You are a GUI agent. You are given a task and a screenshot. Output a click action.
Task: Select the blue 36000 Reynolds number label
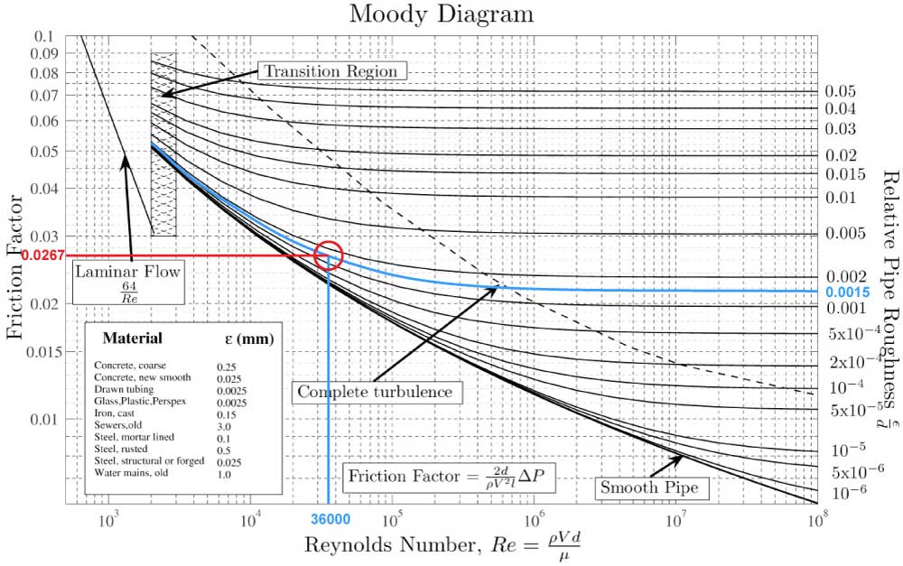(330, 520)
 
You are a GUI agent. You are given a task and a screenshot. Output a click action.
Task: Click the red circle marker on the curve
(329, 255)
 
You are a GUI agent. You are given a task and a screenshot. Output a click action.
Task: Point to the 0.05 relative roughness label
(839, 91)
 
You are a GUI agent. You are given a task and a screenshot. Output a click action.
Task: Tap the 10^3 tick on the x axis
(108, 521)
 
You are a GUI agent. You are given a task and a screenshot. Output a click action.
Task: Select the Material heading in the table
(133, 339)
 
